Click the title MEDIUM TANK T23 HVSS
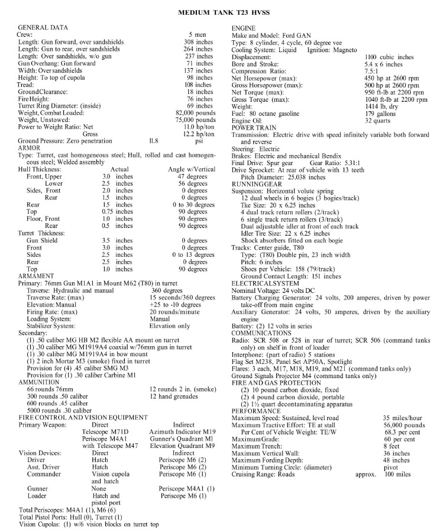click(x=221, y=11)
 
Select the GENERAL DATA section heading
click(x=43, y=28)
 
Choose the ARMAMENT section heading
click(x=37, y=276)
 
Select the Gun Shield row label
click(x=42, y=240)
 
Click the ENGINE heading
click(x=244, y=28)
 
